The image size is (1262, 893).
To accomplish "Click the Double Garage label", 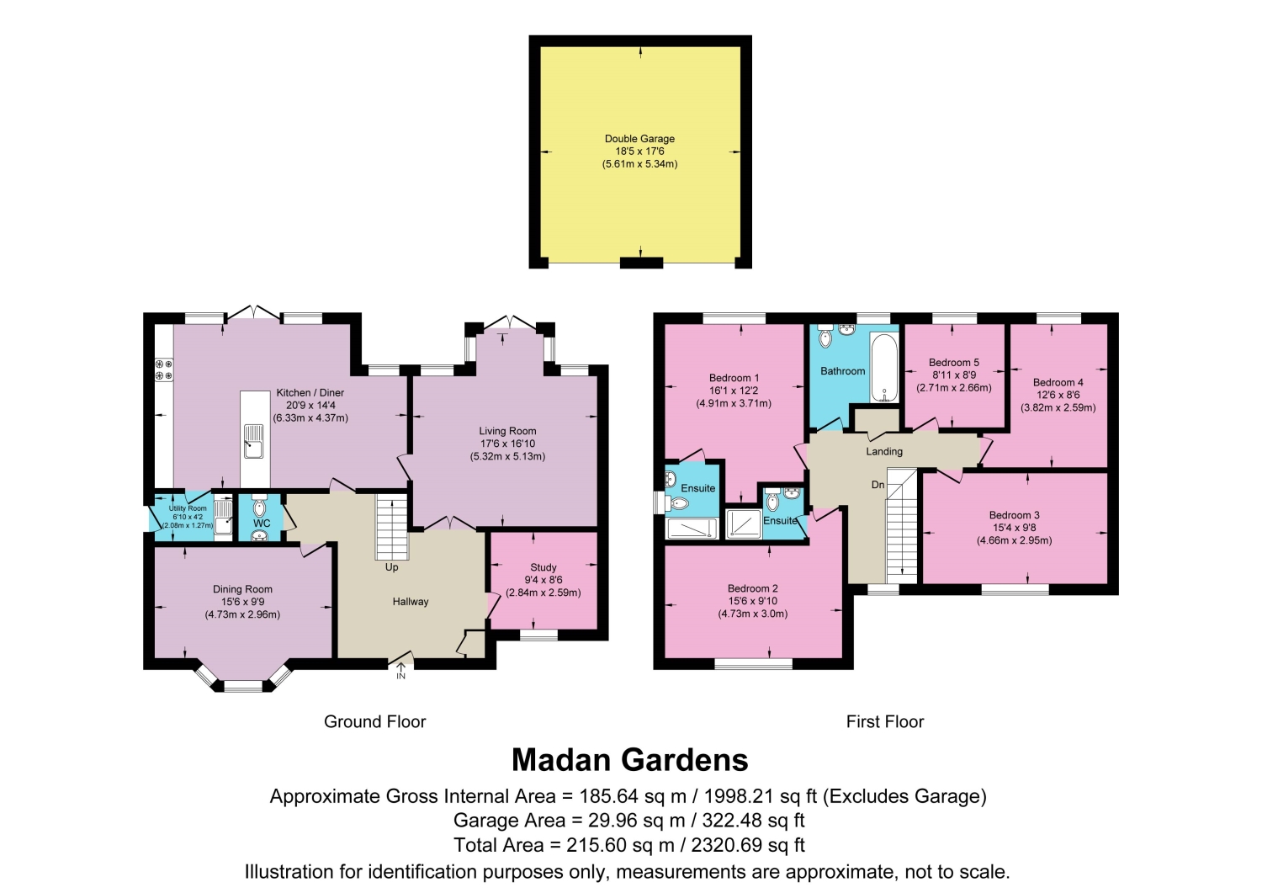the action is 639,139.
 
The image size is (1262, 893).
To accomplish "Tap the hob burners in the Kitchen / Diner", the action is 164,370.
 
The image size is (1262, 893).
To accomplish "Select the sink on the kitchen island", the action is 254,441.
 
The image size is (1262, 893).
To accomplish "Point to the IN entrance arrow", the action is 400,671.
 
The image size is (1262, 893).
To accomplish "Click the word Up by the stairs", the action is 391,567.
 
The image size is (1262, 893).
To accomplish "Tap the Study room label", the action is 544,567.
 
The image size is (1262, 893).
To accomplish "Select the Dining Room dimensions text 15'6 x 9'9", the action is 242,602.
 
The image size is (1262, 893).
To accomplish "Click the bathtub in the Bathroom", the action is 884,367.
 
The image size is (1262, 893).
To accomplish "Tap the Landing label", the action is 884,452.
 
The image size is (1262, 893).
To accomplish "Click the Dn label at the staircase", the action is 878,484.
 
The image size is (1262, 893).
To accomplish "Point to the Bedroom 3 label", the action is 1014,515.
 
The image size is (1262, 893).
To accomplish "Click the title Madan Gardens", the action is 630,760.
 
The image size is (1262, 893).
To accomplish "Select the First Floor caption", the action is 885,721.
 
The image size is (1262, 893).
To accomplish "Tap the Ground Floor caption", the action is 374,721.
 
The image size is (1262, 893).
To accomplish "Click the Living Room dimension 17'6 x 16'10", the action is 507,444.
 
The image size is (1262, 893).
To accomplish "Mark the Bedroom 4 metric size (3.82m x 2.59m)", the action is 1058,407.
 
